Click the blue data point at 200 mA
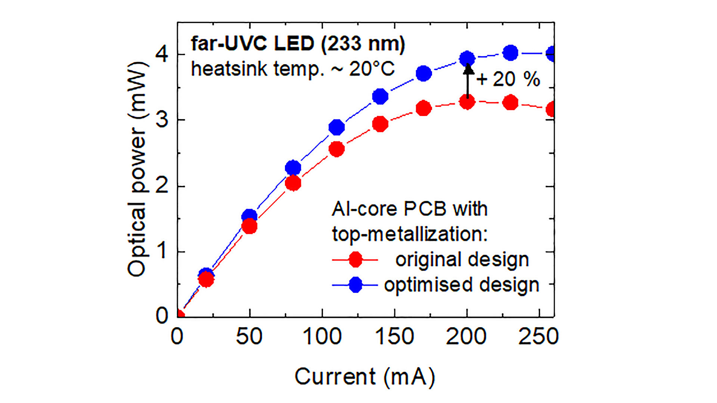pos(467,58)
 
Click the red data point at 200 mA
pos(467,102)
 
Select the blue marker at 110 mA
pos(337,127)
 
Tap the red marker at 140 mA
pos(380,124)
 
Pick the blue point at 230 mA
pos(510,53)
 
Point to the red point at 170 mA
pos(423,108)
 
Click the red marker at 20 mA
pos(206,279)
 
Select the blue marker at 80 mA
pos(293,168)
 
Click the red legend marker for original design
pos(355,259)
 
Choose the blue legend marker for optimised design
pos(355,285)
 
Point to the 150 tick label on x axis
pos(394,337)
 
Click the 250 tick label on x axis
pos(538,337)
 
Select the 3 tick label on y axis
pos(162,120)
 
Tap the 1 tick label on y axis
pos(162,252)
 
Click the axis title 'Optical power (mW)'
pos(137,169)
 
